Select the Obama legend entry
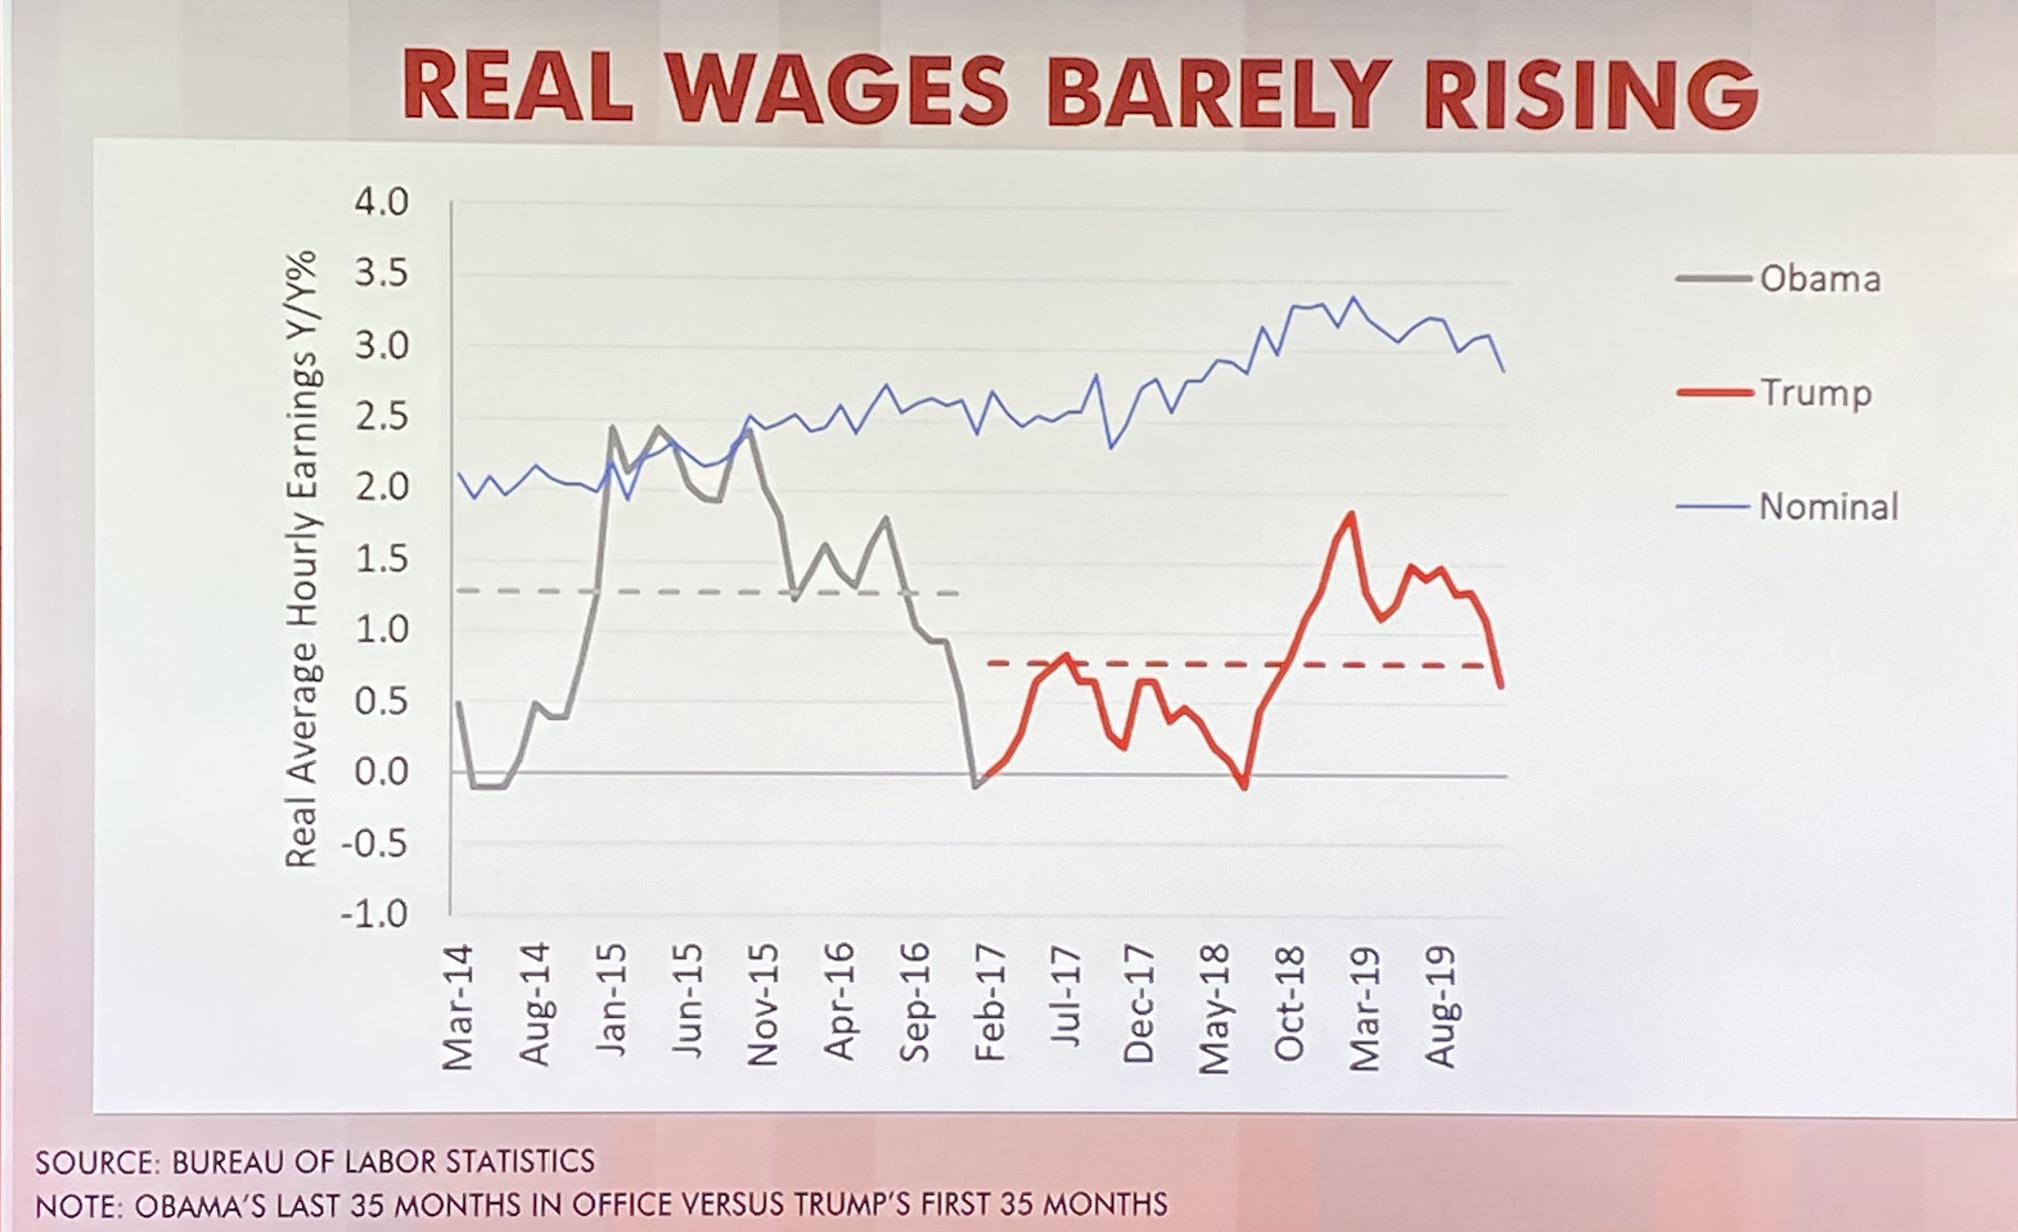(1820, 279)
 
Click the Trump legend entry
(1816, 393)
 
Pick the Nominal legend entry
(1828, 507)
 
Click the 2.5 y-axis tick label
(381, 418)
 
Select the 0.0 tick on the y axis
(381, 771)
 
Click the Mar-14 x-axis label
(458, 1007)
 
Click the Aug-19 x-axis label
(1441, 1007)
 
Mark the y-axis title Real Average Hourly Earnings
(300, 557)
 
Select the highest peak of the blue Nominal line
(1352, 298)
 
